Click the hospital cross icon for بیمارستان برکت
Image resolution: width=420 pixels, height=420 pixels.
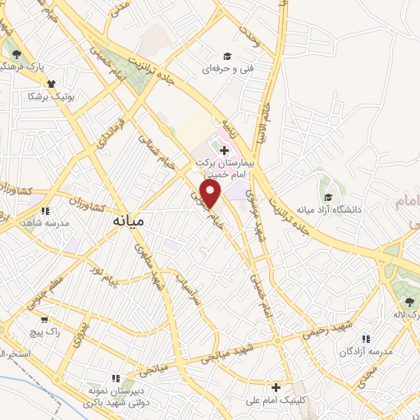click(224, 150)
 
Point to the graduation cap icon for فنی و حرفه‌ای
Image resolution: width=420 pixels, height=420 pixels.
click(226, 56)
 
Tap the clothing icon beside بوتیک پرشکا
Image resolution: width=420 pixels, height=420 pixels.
click(52, 83)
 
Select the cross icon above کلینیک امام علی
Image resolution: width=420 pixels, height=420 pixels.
click(276, 386)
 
